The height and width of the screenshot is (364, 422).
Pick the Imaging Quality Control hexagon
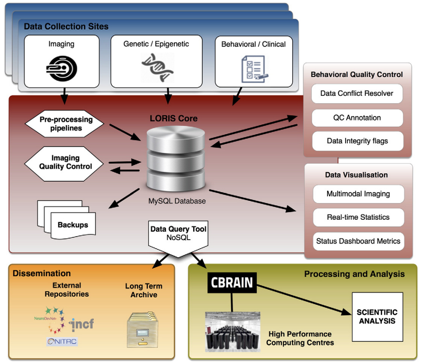click(65, 162)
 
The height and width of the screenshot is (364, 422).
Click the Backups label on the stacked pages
click(72, 225)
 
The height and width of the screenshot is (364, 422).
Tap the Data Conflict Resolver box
click(357, 94)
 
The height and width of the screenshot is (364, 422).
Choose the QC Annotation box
click(357, 118)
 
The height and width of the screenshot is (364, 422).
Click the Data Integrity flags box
click(357, 141)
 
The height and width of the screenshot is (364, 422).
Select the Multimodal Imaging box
click(358, 194)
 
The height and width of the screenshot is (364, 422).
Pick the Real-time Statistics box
click(358, 217)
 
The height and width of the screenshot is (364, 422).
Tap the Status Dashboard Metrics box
click(358, 241)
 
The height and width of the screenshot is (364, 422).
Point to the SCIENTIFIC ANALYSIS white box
click(377, 317)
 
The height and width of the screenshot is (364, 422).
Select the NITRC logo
click(62, 342)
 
